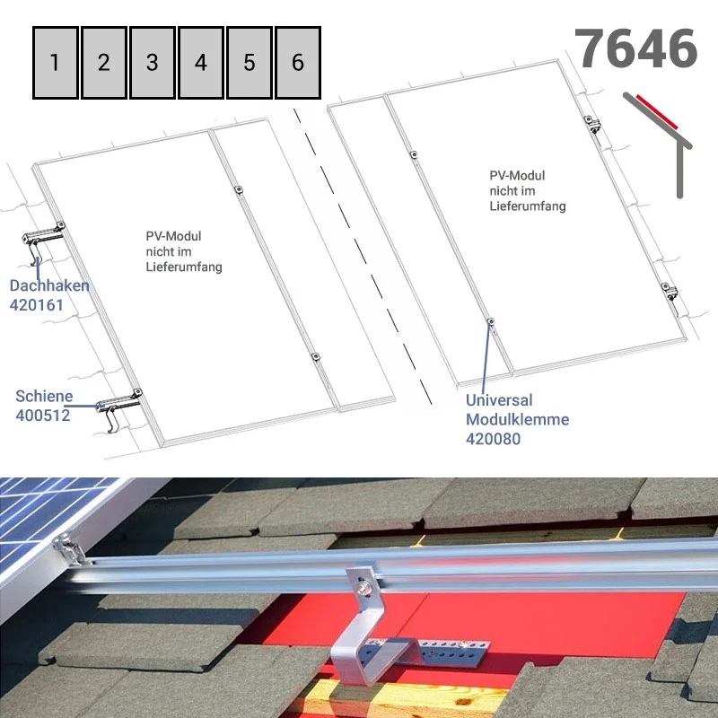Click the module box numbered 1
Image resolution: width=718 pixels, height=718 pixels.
[x=56, y=62]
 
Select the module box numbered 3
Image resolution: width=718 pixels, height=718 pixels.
[x=153, y=62]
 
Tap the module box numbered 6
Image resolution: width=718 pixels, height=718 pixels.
[x=298, y=62]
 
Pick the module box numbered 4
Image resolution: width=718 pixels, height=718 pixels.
[x=201, y=62]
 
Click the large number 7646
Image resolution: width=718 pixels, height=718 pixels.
[x=635, y=48]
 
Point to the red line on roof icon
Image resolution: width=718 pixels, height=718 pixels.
[x=657, y=112]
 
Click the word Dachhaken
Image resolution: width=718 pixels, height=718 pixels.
[x=49, y=285]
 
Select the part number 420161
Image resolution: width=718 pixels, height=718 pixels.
[x=37, y=305]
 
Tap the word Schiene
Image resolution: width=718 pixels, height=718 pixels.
[x=44, y=396]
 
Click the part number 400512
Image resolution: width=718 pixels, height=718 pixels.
[x=43, y=416]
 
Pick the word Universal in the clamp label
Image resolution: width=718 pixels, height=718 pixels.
[x=499, y=400]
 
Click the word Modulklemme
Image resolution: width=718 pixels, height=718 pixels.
[x=518, y=419]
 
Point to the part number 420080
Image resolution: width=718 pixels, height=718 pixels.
[x=493, y=439]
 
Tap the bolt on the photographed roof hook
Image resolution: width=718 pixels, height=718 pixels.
[x=364, y=587]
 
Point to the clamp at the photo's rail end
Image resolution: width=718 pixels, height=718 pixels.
[x=70, y=548]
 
